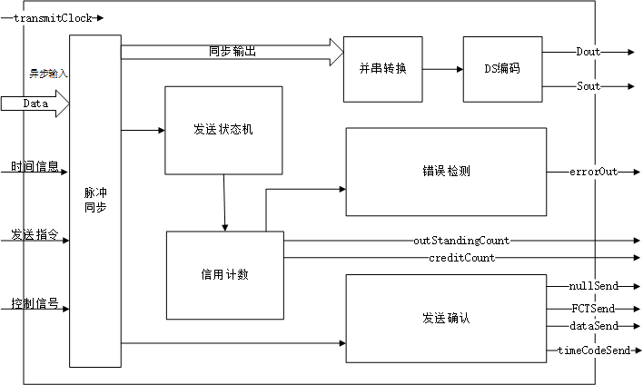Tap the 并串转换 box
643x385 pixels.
pos(382,69)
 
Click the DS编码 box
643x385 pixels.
pos(502,69)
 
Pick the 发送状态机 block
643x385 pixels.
pos(223,130)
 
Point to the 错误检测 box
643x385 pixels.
pos(446,171)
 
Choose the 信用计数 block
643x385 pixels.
pos(225,275)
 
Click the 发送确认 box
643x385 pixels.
pos(446,319)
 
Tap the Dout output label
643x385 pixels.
pos(588,52)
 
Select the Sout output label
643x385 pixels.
pos(588,86)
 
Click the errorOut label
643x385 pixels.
pos(593,171)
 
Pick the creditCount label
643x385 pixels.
pos(461,258)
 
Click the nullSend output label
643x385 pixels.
pos(594,286)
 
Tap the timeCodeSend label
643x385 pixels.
pos(593,350)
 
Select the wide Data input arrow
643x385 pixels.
pos(35,104)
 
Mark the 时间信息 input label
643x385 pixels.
pos(35,167)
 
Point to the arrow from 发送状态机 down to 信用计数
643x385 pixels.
pos(223,202)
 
